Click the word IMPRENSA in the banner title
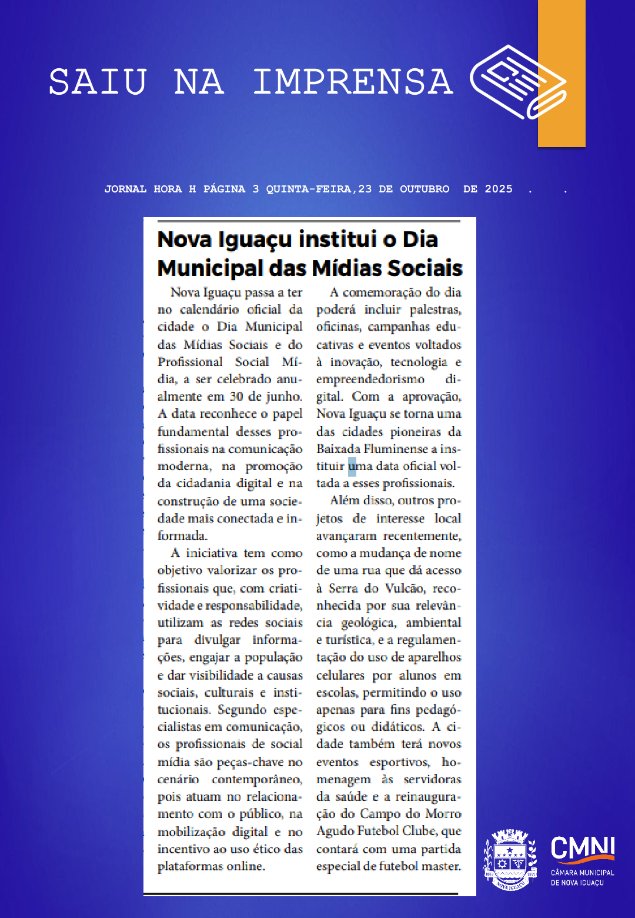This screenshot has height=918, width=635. (x=353, y=82)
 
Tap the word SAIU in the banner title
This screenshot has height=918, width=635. (x=98, y=82)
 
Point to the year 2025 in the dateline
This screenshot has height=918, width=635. (x=499, y=189)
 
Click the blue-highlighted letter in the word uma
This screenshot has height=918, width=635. (x=352, y=466)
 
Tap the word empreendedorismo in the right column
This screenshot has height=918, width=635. (x=370, y=379)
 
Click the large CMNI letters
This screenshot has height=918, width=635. (x=582, y=848)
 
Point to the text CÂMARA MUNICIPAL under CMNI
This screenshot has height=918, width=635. (x=582, y=873)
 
